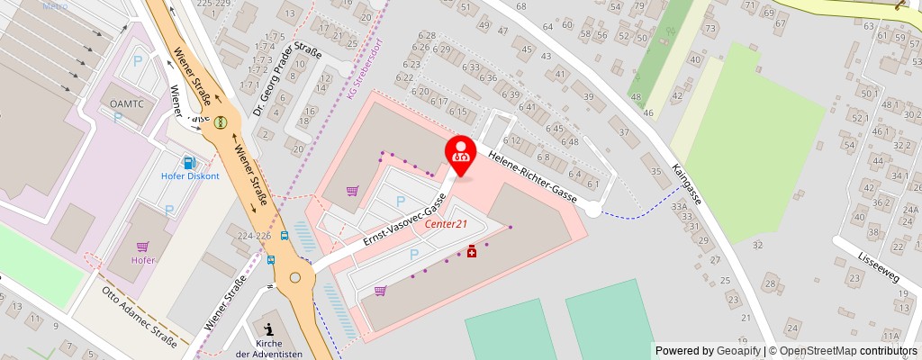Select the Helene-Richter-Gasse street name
(532, 175)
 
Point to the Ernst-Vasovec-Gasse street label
(405, 220)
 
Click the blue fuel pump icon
(189, 163)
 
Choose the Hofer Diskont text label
(190, 176)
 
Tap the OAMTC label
(127, 105)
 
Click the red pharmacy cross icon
(471, 255)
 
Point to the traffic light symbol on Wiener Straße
(220, 121)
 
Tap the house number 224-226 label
(254, 235)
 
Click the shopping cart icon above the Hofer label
(142, 246)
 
